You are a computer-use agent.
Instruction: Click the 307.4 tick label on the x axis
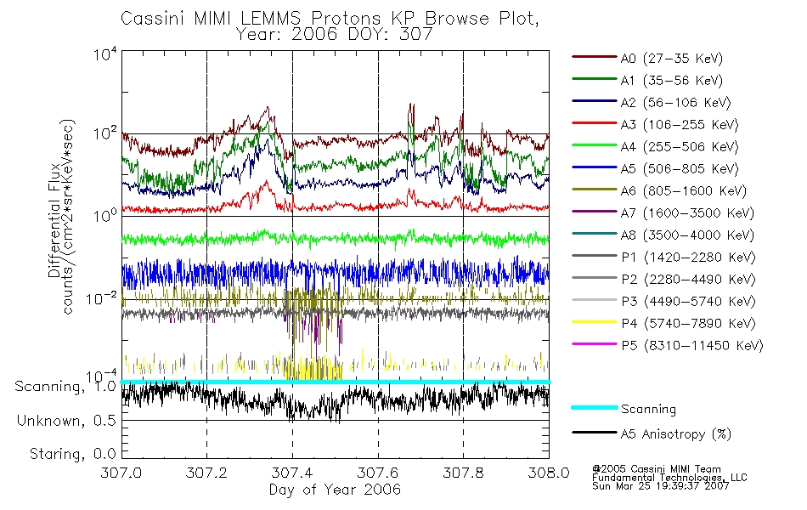[292, 473]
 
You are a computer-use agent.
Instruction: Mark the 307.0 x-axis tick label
[121, 473]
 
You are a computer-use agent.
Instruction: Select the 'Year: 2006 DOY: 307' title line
[336, 35]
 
